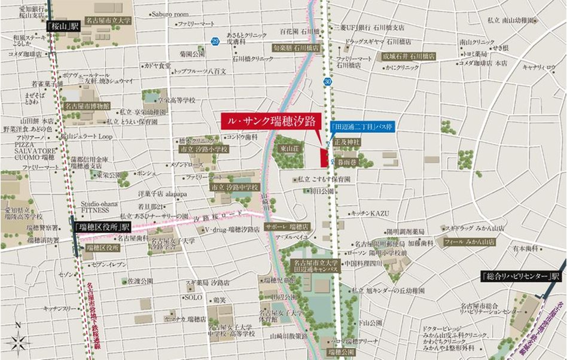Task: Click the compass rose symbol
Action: coord(19,342)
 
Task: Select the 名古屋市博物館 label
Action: coord(87,105)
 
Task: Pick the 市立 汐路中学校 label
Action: coord(234,187)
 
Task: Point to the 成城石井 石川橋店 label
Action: coord(409,56)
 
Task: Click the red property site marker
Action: coord(324,157)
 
